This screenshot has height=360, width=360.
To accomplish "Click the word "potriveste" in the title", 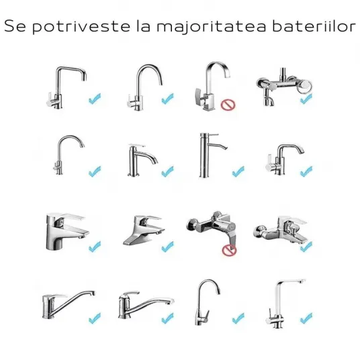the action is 81,27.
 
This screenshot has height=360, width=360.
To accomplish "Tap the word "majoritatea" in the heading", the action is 211,27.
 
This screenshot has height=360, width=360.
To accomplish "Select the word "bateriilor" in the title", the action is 314,26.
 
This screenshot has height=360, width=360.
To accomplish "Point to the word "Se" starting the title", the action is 15,26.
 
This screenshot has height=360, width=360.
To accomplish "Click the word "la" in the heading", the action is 144,26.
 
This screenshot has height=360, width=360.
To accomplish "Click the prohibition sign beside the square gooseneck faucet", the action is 228,105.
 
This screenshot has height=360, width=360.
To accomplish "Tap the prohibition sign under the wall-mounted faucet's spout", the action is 229,250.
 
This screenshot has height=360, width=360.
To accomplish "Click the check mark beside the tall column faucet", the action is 238,171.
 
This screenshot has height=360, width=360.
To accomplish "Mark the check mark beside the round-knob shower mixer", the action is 306,99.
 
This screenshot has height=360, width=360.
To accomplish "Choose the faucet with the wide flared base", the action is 144,230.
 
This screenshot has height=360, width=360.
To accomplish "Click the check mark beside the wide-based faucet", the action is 168,246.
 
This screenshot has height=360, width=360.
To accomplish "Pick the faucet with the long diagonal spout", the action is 69,304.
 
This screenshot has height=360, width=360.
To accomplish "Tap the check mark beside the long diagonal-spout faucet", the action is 95,318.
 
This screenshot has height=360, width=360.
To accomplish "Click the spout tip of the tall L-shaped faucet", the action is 302,281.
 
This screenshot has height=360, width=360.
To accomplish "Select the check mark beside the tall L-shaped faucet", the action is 306,318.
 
